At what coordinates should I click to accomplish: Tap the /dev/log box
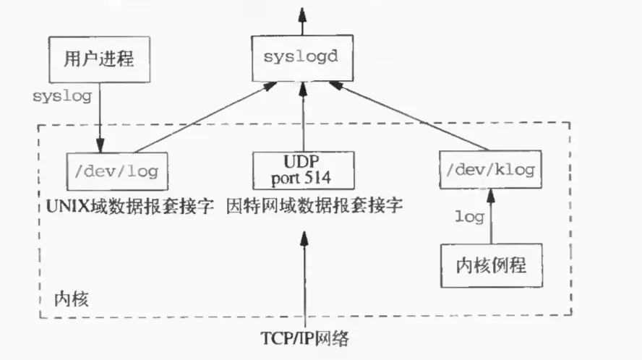point(116,172)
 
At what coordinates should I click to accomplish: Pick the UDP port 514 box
point(304,170)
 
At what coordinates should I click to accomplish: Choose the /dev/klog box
point(492,171)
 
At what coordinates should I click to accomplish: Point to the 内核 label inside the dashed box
point(72,299)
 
